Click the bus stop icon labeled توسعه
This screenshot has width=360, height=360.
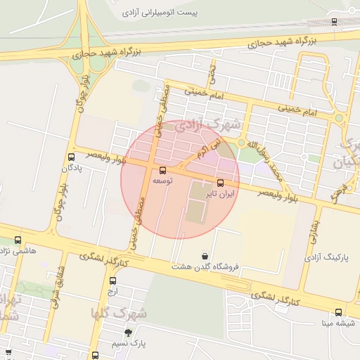[163, 170]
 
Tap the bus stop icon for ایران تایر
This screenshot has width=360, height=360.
[220, 182]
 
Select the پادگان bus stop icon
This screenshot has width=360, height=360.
[71, 157]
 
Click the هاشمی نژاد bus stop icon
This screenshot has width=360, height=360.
[18, 240]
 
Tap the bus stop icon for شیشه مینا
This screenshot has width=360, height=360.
[338, 312]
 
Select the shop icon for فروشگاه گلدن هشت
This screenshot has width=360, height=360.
[205, 256]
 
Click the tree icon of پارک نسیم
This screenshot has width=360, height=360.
[127, 333]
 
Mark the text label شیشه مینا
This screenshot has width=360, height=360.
[337, 323]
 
